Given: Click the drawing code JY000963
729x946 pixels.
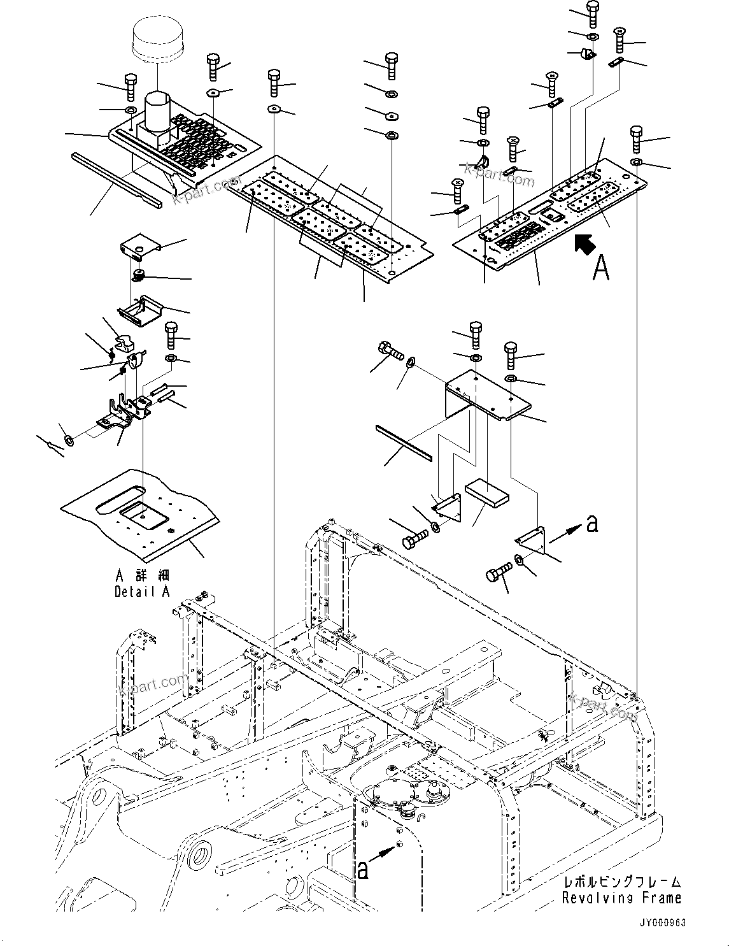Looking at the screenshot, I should click(664, 923).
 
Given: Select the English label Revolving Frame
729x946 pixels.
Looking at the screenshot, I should click(621, 898).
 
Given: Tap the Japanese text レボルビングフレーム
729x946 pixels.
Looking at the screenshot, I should click(621, 882).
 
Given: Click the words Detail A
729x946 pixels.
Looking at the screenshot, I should click(142, 592).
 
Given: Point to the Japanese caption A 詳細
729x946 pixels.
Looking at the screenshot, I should click(142, 575).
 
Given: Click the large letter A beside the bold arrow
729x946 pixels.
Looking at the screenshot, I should click(600, 268).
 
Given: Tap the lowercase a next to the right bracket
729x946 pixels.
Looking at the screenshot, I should click(591, 524).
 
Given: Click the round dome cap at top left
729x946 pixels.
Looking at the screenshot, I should click(157, 39).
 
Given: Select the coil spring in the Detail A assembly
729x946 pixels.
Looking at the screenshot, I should click(138, 275).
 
